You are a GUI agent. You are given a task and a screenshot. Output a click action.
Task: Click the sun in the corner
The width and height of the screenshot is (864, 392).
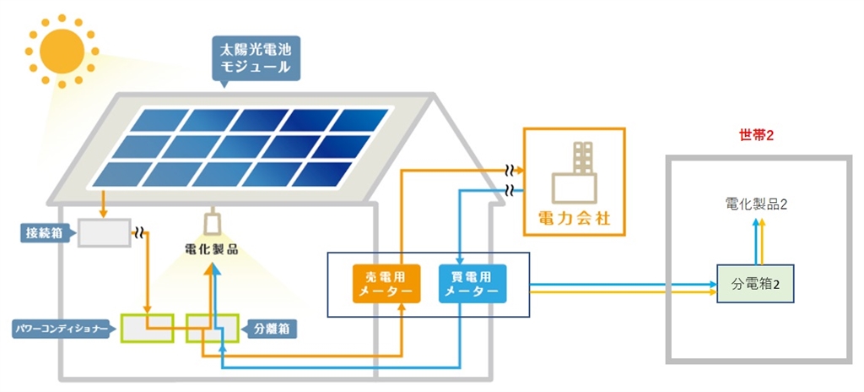coord(62,48)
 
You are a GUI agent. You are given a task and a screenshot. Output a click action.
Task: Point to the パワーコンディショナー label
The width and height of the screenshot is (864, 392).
coord(60,328)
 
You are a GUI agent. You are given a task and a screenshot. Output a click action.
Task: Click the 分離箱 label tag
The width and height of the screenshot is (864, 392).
coord(268,328)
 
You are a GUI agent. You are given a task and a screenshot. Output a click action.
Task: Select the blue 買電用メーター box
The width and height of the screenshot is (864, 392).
coord(472,283)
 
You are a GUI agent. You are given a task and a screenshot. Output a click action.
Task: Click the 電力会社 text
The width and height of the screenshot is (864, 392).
coord(574,221)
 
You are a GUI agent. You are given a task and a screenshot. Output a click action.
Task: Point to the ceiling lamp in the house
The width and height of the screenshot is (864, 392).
coord(213,224)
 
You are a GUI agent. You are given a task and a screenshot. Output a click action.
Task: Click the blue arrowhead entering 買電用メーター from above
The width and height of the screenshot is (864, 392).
coord(457,261)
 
